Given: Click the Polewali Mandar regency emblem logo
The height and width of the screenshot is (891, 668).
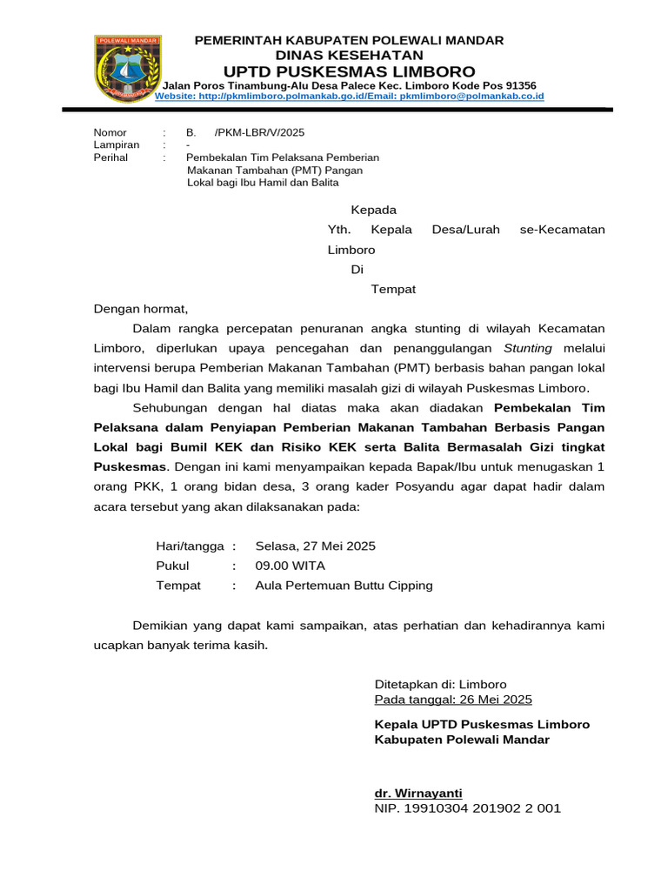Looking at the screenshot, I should pyautogui.click(x=126, y=69).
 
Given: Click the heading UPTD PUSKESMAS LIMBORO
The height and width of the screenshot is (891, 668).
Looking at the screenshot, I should pyautogui.click(x=349, y=70).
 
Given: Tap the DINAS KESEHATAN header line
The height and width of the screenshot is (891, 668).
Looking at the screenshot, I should pyautogui.click(x=349, y=55).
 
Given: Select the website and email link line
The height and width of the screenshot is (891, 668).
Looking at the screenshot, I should pyautogui.click(x=349, y=97).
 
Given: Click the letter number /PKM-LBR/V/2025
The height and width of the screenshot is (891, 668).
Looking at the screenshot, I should pyautogui.click(x=259, y=132).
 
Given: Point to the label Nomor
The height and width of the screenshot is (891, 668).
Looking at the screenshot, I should pyautogui.click(x=110, y=132).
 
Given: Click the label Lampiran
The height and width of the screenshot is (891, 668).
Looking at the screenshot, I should pyautogui.click(x=117, y=145).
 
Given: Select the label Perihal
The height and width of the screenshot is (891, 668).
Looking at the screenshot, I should pyautogui.click(x=110, y=157).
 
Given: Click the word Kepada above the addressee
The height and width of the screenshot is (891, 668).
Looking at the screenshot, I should pyautogui.click(x=373, y=210).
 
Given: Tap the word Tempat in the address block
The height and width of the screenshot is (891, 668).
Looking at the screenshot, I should pyautogui.click(x=393, y=289).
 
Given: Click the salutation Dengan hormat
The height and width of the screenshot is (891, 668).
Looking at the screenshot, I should pyautogui.click(x=140, y=308).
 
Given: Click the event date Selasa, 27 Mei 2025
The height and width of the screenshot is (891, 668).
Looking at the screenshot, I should pyautogui.click(x=315, y=546).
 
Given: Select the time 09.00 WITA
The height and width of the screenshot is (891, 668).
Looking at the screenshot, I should pyautogui.click(x=290, y=566).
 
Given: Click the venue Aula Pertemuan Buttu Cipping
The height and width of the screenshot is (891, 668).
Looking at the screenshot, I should pyautogui.click(x=344, y=586).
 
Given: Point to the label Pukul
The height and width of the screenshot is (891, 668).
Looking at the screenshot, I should pyautogui.click(x=172, y=566).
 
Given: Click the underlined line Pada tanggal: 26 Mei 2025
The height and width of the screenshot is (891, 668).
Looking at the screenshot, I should pyautogui.click(x=453, y=699).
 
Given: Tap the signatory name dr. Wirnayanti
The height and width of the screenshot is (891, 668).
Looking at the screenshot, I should pyautogui.click(x=418, y=793).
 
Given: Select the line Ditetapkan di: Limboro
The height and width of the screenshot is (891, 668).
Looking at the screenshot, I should pyautogui.click(x=440, y=684).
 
